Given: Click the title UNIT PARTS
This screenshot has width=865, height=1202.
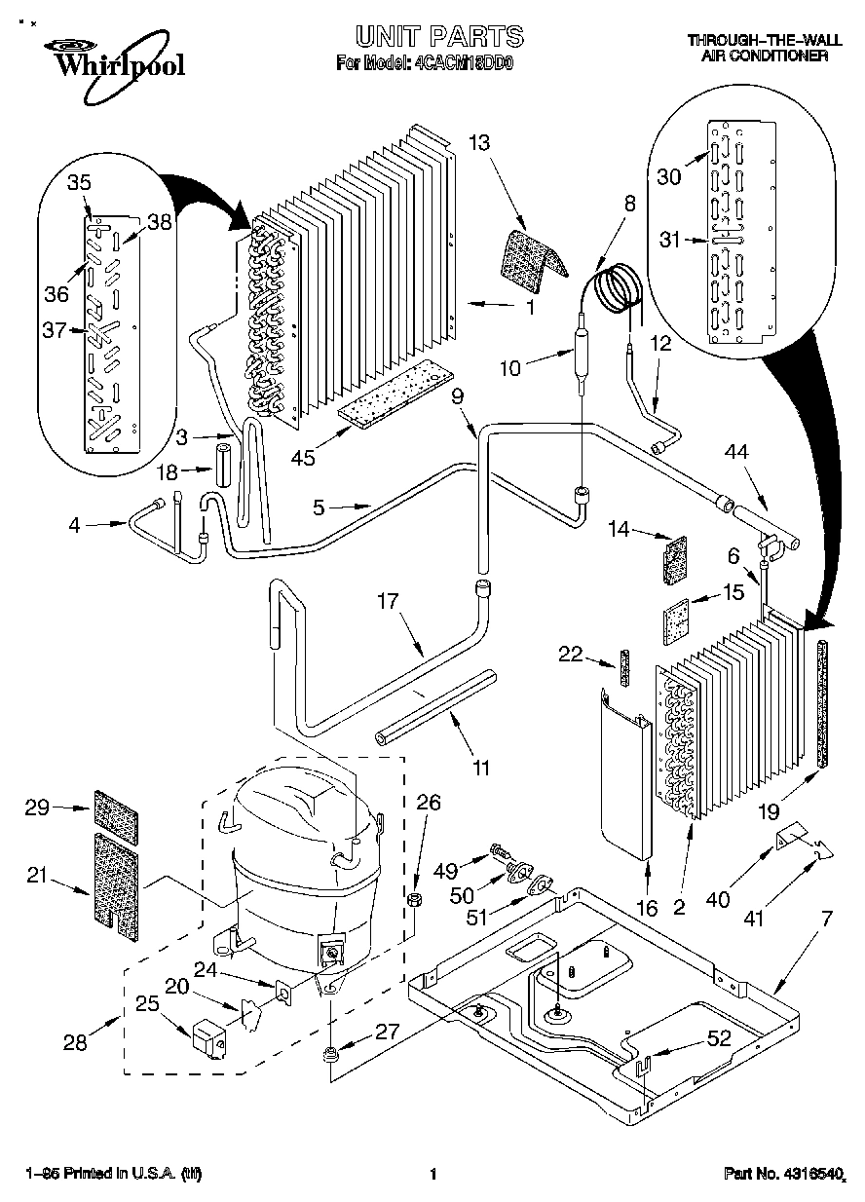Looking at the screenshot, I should (x=438, y=37).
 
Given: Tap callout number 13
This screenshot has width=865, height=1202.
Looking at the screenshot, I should (x=478, y=143).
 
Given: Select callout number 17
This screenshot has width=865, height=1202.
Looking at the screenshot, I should (x=388, y=602).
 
